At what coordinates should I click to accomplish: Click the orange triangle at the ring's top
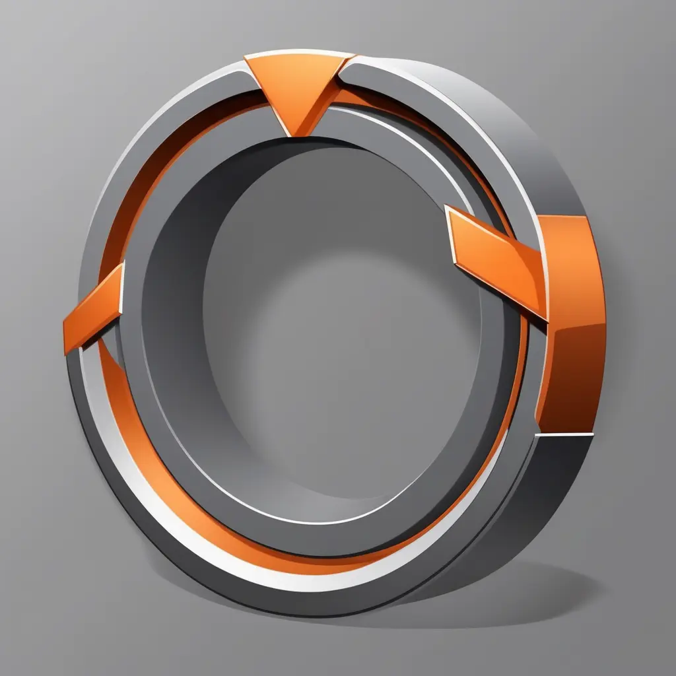coord(297,83)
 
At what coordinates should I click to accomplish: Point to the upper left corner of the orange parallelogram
coord(447,207)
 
